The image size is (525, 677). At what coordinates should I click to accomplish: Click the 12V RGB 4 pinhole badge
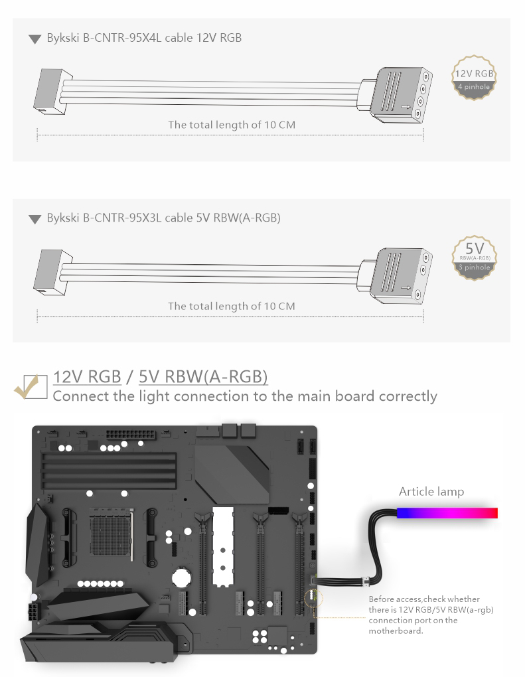coord(474,78)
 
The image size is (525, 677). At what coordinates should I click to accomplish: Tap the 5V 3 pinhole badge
coord(474,258)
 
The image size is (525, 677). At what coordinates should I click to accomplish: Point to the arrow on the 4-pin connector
coord(406,107)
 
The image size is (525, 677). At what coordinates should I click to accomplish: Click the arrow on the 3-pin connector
coord(406,287)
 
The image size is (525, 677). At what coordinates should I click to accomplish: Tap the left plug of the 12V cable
coord(52,92)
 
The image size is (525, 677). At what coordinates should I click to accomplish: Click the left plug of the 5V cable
coord(52,272)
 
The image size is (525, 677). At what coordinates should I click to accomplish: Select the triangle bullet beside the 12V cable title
coord(35,39)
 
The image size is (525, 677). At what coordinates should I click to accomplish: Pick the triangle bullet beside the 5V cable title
coord(35,219)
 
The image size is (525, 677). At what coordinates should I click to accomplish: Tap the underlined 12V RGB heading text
coord(87,377)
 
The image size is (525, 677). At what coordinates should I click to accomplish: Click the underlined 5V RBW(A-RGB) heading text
coord(203,377)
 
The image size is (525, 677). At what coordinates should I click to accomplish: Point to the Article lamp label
coord(431,492)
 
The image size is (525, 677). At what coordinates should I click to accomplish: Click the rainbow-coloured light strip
coord(447,513)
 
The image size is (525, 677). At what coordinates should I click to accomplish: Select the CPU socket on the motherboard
coord(111,532)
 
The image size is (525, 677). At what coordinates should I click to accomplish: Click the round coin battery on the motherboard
coord(182,577)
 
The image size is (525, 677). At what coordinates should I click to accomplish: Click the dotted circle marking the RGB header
coord(314,597)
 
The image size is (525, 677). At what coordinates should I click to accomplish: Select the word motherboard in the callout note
coord(396,631)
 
